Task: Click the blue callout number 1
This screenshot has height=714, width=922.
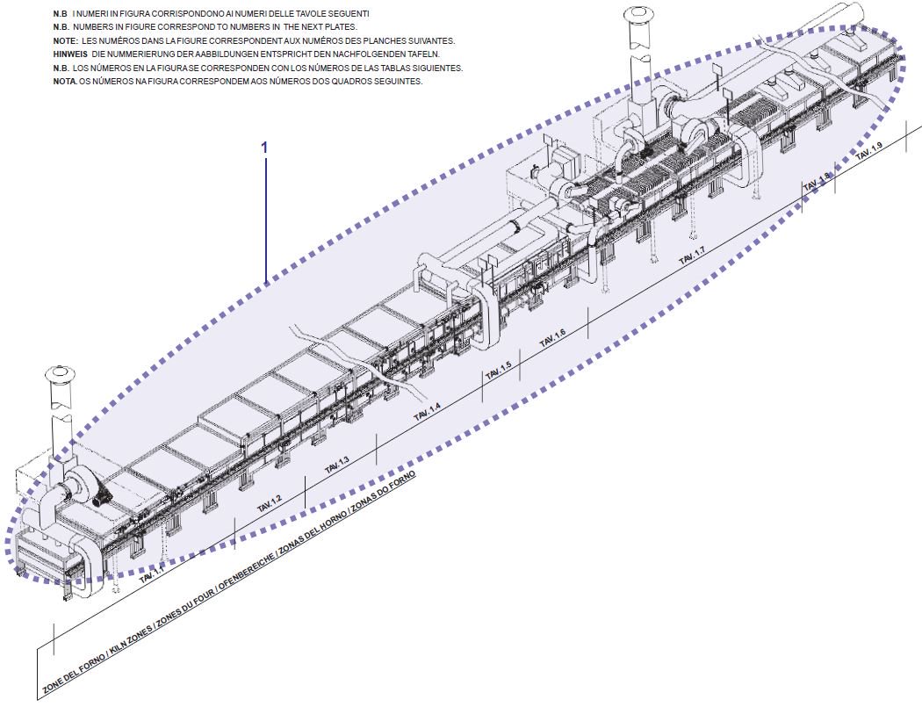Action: (x=264, y=147)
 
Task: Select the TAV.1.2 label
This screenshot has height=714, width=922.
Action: (x=270, y=503)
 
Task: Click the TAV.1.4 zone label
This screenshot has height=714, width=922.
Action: (x=428, y=408)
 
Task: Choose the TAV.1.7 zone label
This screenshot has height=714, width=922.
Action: (x=692, y=257)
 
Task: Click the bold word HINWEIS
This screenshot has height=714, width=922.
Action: (x=68, y=53)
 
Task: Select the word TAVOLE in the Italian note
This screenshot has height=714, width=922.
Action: (x=288, y=14)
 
